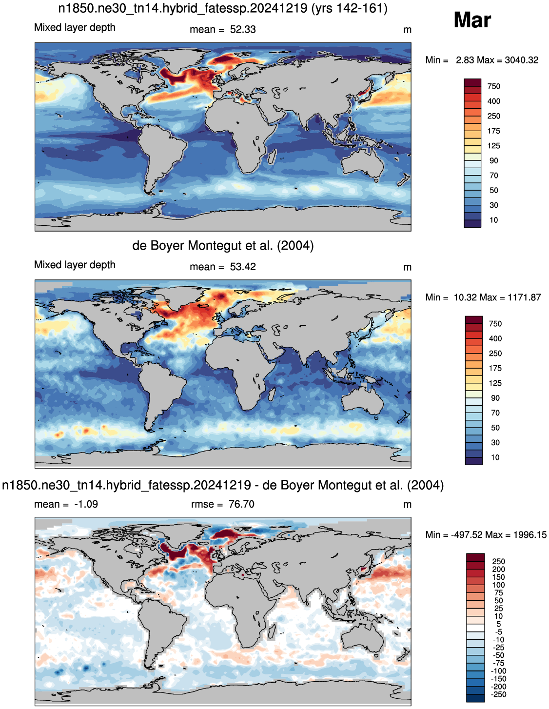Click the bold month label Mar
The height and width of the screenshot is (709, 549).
point(471,20)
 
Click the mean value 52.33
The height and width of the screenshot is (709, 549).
point(243,29)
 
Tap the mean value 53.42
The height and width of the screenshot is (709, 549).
point(243,267)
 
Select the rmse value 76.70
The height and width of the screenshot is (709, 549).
point(241,504)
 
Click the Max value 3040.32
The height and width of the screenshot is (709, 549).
point(521,60)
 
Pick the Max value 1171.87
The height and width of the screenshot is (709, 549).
point(524,297)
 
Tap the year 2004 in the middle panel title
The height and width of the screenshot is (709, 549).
point(295,246)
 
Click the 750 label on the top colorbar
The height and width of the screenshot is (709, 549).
point(493,86)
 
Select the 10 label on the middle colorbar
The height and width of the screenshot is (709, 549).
point(495,457)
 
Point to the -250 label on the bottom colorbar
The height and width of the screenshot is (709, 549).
point(499,694)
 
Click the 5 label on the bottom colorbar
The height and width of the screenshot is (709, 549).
point(499,624)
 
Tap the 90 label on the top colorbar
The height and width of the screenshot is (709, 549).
point(493,160)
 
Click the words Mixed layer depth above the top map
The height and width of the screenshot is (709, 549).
point(75,27)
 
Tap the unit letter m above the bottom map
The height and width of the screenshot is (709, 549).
point(407,504)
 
